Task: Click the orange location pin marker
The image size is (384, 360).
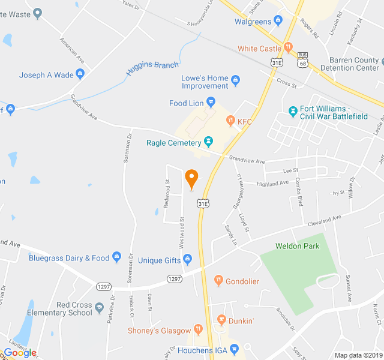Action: coord(191,178)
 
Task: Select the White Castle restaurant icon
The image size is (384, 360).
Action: coord(288,47)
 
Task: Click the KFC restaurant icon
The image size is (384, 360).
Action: coord(230,121)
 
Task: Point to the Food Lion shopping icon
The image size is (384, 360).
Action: coord(211,103)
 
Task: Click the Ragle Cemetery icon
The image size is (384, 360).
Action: coord(208,142)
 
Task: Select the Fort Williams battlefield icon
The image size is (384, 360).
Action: coord(293,112)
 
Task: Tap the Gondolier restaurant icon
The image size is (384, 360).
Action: coord(219,280)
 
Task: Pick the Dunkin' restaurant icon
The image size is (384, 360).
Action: coord(221,319)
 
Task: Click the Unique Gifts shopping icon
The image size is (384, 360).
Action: coord(187,260)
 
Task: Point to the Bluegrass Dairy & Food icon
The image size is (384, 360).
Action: coord(116,258)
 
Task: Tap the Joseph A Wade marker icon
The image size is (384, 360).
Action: coord(80,75)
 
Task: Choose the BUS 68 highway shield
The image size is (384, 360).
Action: coord(302,59)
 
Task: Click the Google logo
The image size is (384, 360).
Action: coord(20,352)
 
